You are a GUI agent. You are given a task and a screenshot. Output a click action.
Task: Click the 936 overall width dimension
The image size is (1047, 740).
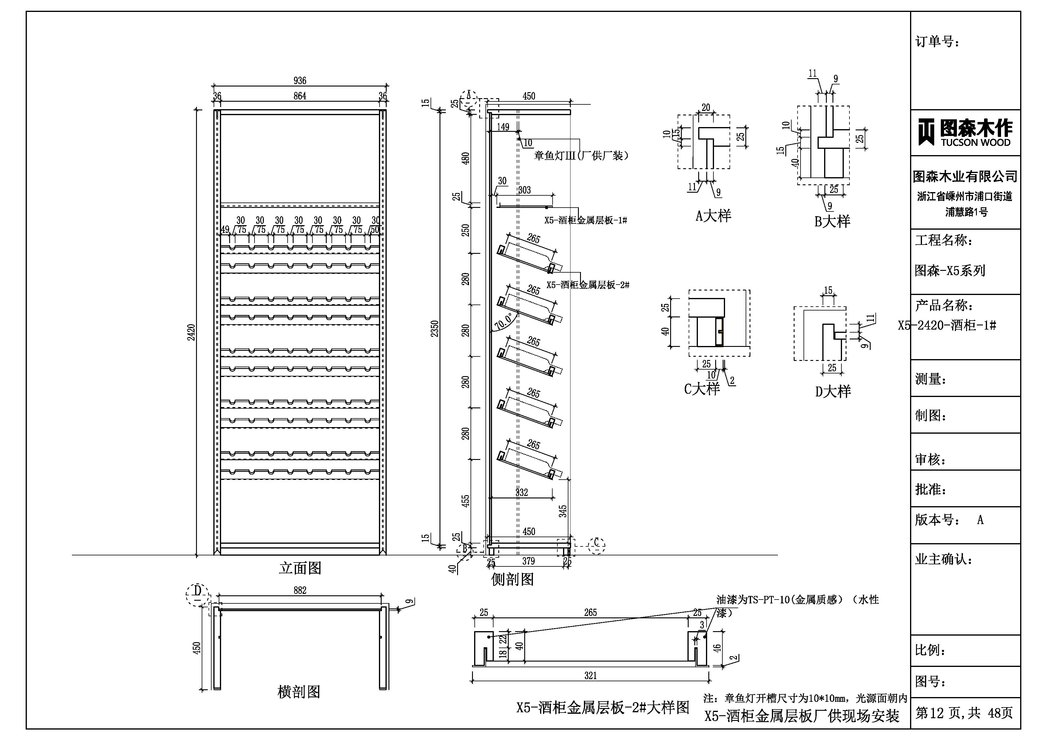pos(300,81)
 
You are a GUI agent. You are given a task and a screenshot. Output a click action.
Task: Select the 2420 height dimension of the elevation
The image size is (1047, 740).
pos(192,332)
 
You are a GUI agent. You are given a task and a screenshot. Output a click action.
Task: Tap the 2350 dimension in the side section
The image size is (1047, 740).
pos(434,328)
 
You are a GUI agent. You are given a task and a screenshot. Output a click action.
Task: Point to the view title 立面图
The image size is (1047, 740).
pos(300,568)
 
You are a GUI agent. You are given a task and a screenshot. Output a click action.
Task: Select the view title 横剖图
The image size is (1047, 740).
pos(299,692)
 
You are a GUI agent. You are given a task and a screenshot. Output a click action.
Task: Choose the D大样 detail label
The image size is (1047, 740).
pos(833,391)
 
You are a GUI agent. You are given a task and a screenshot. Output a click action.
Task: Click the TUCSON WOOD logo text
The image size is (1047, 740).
pos(975,142)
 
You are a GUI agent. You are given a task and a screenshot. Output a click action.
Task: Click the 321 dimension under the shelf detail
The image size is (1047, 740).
pos(590,676)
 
